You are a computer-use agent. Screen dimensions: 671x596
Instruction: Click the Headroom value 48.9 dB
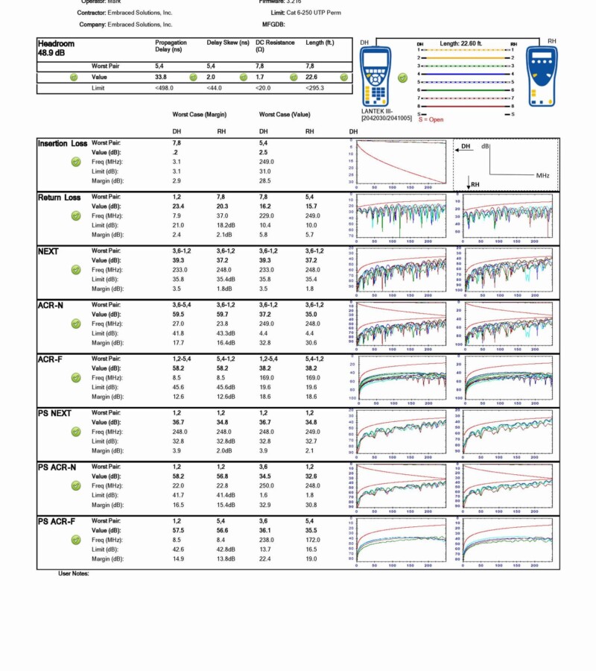(51, 54)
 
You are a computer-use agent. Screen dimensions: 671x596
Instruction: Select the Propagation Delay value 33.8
(161, 77)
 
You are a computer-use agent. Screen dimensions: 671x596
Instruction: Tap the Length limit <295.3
(315, 88)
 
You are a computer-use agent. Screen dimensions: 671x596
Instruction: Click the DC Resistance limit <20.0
(265, 88)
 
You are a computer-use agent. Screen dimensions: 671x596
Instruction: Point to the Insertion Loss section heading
(63, 143)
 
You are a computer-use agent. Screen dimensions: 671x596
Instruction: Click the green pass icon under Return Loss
(75, 215)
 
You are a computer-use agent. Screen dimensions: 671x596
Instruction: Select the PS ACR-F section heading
(57, 521)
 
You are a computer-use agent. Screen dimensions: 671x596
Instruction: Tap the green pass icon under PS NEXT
(75, 432)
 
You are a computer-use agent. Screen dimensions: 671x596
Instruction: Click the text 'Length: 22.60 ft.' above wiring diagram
(463, 44)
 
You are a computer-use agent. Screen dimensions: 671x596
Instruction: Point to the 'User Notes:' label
(74, 573)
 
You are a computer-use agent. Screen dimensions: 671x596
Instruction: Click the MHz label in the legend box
(542, 175)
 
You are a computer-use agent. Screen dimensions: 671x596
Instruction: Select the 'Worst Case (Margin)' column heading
(200, 115)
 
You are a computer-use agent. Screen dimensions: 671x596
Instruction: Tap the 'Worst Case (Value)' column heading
(285, 115)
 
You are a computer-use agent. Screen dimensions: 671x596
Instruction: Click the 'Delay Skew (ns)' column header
(227, 43)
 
